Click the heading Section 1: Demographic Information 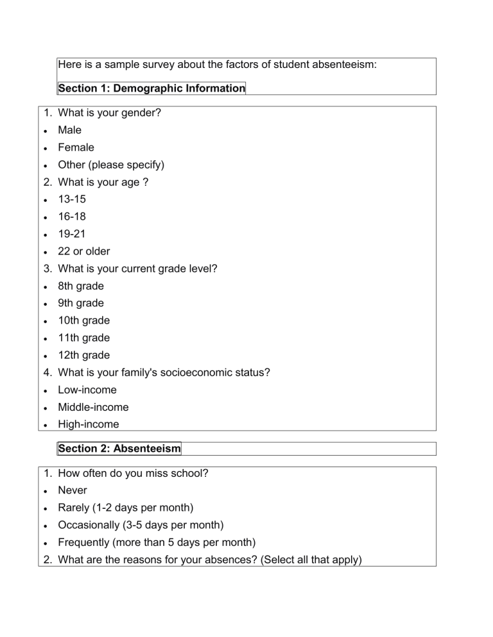pos(151,88)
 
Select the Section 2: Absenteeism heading pos(119,449)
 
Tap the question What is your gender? pos(109,113)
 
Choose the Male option pos(69,130)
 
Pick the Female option pos(76,147)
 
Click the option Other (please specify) pos(111,165)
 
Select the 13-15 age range pos(71,199)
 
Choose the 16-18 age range pos(71,217)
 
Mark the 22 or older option pos(83,251)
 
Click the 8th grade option pos(80,286)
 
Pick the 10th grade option pos(83,320)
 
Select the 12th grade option pos(83,355)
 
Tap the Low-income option pos(87,390)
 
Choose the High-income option pos(88,424)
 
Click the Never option pos(72,490)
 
